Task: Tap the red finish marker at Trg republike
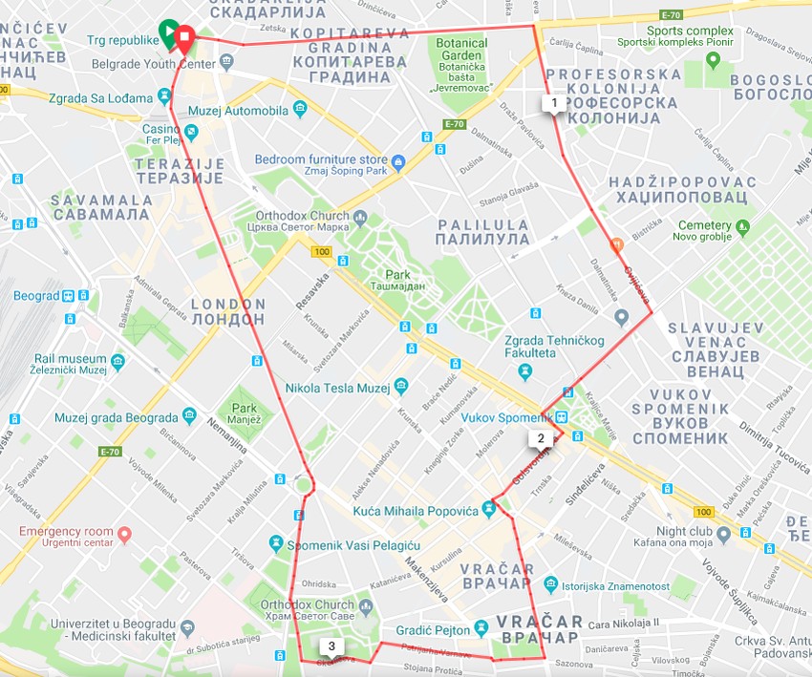183,39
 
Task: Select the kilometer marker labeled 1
552,102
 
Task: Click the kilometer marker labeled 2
541,439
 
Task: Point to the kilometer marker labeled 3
331,646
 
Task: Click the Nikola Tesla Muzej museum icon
400,387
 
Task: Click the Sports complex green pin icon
713,60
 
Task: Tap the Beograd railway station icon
70,295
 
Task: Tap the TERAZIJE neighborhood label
180,171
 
